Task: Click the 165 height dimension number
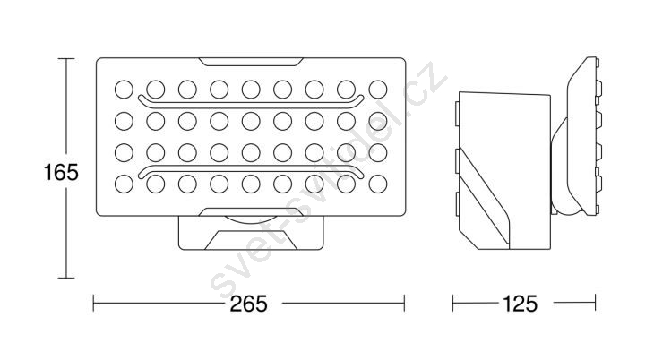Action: pyautogui.click(x=61, y=172)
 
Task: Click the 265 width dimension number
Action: pyautogui.click(x=248, y=304)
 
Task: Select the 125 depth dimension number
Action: pyautogui.click(x=521, y=304)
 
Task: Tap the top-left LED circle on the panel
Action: pyautogui.click(x=124, y=90)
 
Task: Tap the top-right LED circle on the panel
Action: pyautogui.click(x=378, y=90)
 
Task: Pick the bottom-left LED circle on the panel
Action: pyautogui.click(x=124, y=184)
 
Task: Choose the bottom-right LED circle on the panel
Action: pyautogui.click(x=378, y=184)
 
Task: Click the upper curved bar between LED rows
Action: pyautogui.click(x=251, y=102)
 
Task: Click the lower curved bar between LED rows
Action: pyautogui.click(x=251, y=172)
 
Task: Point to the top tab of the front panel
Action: pyautogui.click(x=251, y=62)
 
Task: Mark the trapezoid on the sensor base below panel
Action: pyautogui.click(x=251, y=240)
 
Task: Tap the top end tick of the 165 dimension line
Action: pyautogui.click(x=66, y=59)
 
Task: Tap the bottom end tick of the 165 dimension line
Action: pyautogui.click(x=66, y=278)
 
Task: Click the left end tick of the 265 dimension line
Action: pyautogui.click(x=93, y=304)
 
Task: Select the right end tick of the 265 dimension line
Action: pyautogui.click(x=404, y=304)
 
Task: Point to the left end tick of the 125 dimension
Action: pyautogui.click(x=453, y=304)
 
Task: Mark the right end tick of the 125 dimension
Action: pyautogui.click(x=595, y=304)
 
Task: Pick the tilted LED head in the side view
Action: pyautogui.click(x=583, y=136)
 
